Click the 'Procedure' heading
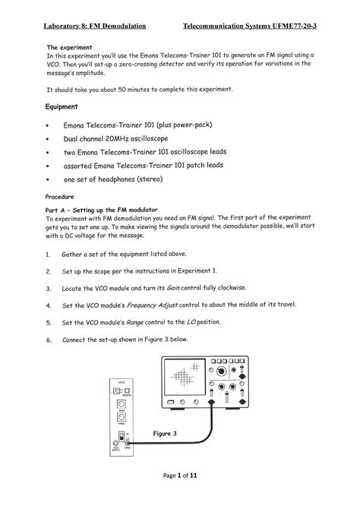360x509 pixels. point(64,195)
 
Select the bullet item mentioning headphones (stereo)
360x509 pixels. point(124,179)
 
